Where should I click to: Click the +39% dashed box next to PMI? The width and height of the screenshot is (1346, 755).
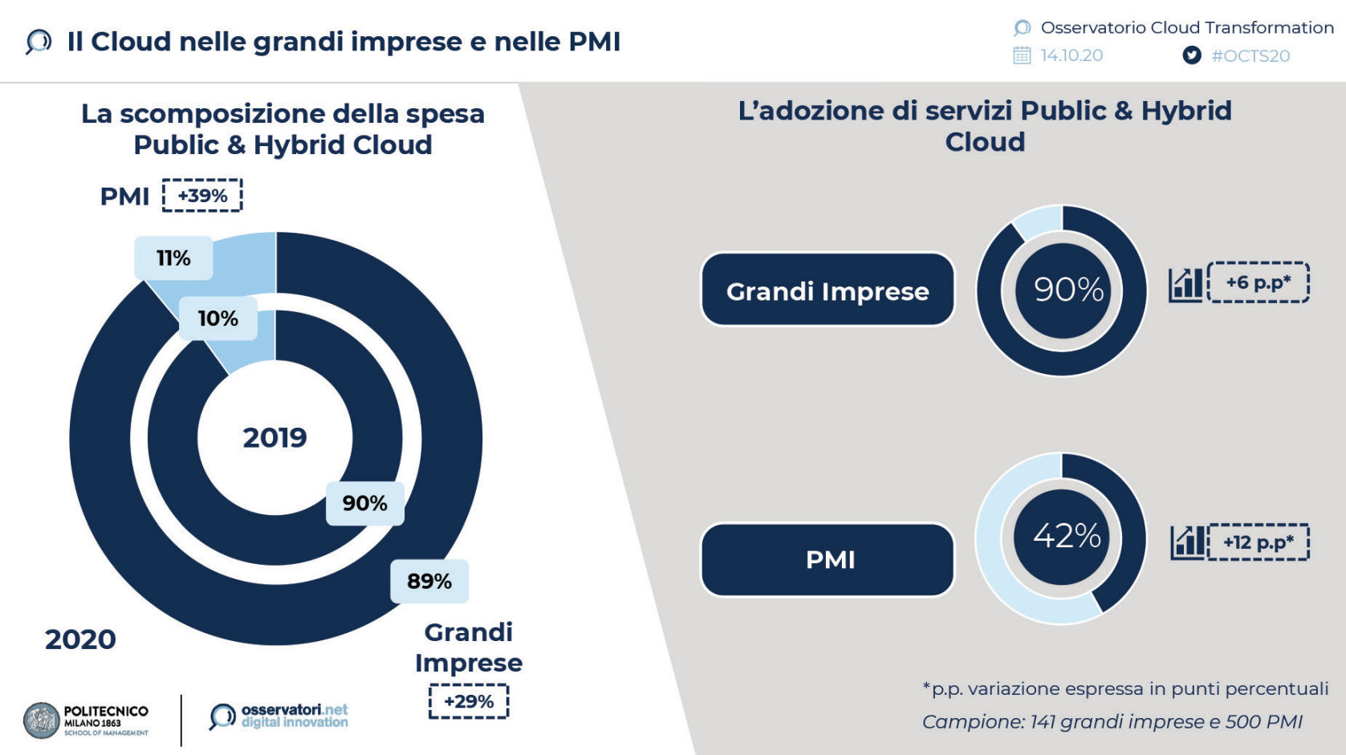202,195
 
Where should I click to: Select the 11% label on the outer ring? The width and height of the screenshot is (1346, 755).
173,258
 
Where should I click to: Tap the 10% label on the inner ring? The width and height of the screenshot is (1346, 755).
218,319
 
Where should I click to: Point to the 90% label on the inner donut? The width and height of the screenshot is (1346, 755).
364,503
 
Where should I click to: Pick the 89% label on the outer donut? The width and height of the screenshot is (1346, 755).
429,582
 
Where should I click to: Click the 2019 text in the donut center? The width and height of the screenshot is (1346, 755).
274,438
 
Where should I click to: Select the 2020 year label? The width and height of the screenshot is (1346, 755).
80,639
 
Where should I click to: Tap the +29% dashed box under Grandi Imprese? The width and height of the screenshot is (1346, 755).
469,701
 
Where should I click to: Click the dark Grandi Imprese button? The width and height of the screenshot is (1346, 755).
828,290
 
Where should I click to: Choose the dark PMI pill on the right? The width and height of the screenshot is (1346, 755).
828,560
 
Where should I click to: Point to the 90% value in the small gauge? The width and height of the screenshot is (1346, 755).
1068,290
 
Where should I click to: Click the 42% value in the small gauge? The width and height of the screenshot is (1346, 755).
1067,536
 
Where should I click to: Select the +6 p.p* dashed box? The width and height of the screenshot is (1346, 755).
1259,282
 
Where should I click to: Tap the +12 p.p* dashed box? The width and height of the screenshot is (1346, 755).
1259,542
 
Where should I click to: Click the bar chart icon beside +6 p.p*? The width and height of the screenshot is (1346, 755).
1185,285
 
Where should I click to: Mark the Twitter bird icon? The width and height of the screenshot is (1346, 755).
1192,55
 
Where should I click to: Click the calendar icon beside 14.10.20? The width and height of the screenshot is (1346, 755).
1022,55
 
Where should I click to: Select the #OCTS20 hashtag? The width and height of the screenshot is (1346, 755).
1250,56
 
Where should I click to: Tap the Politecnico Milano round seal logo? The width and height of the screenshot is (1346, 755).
41,720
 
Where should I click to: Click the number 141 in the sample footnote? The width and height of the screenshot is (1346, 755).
1043,721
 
